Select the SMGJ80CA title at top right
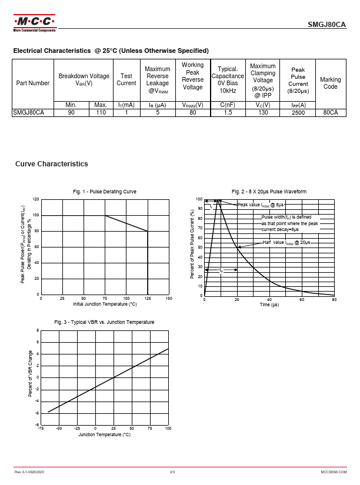tap(327, 25)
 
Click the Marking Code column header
tap(330, 83)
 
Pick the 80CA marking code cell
tap(330, 112)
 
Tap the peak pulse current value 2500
tap(298, 112)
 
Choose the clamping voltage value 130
tap(263, 112)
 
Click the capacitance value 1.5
tap(228, 112)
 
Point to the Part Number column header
tap(33, 83)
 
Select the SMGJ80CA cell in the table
tap(29, 112)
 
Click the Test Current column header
tap(126, 79)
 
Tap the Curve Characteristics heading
tap(52, 164)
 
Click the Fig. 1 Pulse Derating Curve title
tap(105, 192)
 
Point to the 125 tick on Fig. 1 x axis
tap(147, 299)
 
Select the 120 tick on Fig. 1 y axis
tap(36, 199)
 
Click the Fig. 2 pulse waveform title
tap(269, 192)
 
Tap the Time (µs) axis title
tap(269, 305)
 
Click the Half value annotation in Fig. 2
tap(286, 242)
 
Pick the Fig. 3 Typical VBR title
tap(105, 322)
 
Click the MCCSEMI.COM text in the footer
tap(334, 472)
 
